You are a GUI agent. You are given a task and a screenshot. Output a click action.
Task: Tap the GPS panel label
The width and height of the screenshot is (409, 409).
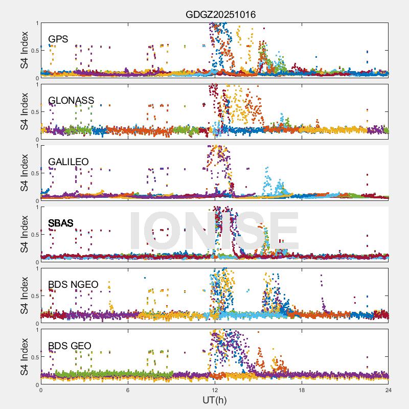58,39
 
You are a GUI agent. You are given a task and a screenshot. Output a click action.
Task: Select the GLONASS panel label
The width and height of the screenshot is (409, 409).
71,100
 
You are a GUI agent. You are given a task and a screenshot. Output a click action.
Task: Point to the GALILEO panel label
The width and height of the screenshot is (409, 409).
69,162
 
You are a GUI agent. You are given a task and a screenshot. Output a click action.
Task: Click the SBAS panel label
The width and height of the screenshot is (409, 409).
60,223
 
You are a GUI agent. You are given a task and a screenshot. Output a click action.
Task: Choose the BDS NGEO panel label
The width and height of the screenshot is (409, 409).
73,284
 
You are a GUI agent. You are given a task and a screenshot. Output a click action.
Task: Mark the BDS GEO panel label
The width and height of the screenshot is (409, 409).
70,346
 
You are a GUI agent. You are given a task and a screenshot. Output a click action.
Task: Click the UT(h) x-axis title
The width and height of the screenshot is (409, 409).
214,399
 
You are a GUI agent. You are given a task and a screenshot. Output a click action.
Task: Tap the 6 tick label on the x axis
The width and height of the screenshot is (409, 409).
128,390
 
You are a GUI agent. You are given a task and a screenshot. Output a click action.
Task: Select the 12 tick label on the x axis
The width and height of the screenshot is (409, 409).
215,390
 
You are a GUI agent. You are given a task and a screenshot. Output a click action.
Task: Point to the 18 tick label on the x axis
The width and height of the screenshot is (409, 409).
302,390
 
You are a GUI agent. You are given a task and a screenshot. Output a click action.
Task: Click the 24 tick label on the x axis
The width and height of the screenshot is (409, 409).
388,390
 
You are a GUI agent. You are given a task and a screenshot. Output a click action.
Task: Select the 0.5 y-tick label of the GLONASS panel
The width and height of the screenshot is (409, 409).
33,111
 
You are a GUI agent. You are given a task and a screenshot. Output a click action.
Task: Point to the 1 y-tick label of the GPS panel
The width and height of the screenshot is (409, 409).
36,23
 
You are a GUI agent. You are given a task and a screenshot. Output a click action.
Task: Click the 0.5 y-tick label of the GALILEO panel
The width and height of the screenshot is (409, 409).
33,173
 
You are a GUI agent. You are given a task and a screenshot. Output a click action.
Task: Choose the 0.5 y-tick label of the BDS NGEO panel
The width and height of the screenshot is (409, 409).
33,296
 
